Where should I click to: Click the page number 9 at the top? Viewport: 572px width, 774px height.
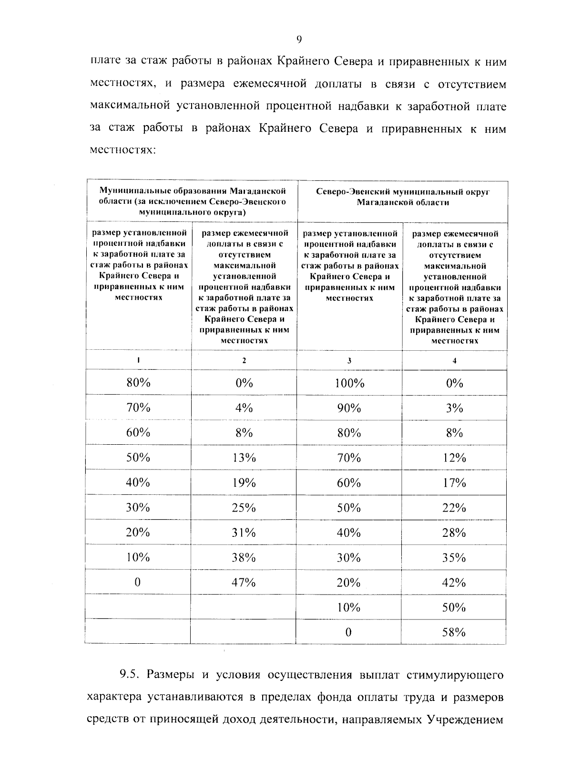click(x=299, y=40)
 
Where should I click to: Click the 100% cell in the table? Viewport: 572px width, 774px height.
click(x=349, y=383)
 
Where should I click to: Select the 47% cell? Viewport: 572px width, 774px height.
click(x=244, y=582)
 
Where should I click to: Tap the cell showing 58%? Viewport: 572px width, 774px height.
click(x=454, y=632)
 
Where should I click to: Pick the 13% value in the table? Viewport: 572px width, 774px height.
click(x=244, y=458)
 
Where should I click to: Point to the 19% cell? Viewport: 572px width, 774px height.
click(x=244, y=482)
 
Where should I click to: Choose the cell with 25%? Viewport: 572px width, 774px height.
click(x=244, y=507)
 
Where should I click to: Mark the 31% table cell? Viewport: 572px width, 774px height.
click(x=244, y=533)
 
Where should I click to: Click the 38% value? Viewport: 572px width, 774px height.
click(x=244, y=557)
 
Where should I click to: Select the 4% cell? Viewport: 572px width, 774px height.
click(x=244, y=408)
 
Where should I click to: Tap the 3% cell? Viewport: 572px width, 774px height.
click(x=454, y=408)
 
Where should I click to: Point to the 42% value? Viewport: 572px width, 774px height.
click(x=454, y=582)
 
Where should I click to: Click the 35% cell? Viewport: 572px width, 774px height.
click(x=454, y=557)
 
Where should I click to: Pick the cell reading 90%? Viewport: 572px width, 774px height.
click(x=349, y=408)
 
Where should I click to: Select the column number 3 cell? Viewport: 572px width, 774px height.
click(x=349, y=361)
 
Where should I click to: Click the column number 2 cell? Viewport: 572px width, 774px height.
click(x=244, y=361)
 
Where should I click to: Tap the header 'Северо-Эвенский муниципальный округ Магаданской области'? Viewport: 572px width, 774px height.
click(x=403, y=197)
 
